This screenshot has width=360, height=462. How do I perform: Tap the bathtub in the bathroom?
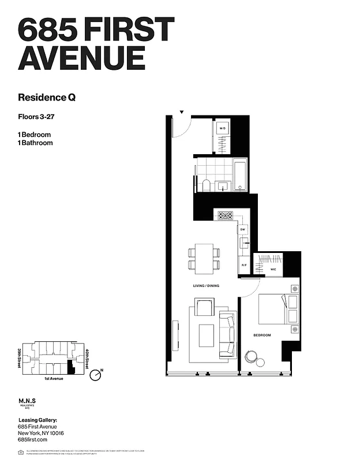click(x=240, y=176)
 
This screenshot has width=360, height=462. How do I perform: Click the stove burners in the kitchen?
click(x=224, y=216)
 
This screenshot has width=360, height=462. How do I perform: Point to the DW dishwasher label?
click(x=243, y=230)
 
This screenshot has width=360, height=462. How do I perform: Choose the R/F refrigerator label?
click(x=244, y=265)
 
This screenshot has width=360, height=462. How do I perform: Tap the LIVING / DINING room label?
click(x=206, y=286)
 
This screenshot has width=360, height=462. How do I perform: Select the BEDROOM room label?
click(x=262, y=335)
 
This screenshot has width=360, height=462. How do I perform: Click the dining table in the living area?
click(x=204, y=259)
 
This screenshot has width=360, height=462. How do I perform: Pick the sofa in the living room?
click(x=227, y=334)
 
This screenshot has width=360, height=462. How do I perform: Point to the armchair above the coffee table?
click(x=204, y=307)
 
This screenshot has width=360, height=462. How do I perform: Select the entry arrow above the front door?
click(x=182, y=111)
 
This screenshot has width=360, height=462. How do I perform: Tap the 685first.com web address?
click(x=32, y=440)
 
